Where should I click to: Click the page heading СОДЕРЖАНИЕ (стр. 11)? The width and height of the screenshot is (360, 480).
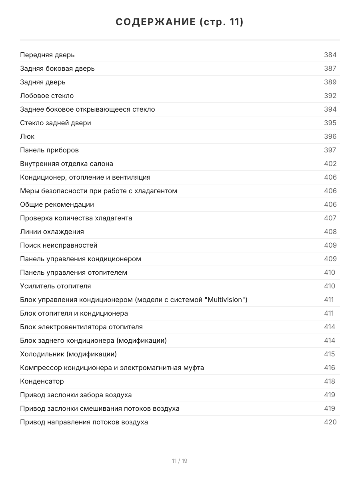180,22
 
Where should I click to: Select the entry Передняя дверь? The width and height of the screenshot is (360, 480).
47,55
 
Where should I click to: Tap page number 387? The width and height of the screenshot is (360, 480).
330,68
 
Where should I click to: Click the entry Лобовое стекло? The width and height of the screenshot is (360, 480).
47,96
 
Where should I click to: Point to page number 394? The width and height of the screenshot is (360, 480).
330,109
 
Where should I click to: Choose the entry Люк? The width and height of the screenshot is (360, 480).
27,136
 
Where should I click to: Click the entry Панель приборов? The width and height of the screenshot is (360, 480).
49,150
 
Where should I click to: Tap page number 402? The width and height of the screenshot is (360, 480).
330,164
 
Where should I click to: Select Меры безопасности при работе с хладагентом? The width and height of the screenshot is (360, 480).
98,191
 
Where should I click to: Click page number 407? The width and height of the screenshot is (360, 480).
330,218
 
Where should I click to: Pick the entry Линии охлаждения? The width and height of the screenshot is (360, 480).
52,232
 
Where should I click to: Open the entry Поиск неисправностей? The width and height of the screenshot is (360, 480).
59,245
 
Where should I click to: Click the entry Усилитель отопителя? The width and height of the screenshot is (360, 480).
55,286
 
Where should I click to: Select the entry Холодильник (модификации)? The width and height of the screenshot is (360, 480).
68,354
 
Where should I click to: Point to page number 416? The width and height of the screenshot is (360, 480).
330,368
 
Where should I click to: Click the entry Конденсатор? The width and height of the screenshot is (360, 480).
42,381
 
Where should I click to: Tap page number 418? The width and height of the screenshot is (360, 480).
330,381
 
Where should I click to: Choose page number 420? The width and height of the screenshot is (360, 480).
330,422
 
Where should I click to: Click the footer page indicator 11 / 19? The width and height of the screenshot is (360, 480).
180,461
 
